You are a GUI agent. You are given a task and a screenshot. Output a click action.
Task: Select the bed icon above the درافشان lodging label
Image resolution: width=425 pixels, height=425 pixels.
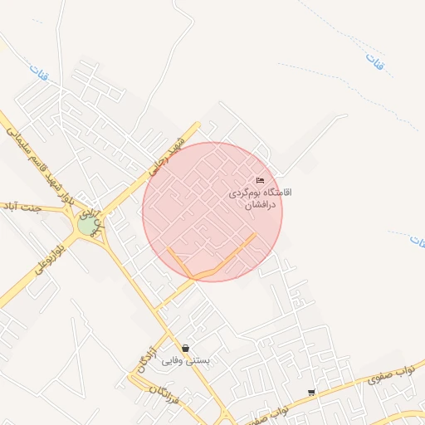261,181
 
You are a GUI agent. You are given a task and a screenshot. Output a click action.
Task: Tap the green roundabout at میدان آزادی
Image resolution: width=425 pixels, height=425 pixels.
87,224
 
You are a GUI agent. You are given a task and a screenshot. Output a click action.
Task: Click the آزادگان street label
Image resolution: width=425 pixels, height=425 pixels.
146,356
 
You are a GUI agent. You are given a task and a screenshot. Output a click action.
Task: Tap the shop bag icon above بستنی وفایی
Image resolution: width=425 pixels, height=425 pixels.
185,348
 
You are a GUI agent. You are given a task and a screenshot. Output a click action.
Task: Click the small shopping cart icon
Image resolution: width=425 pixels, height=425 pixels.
311,392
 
